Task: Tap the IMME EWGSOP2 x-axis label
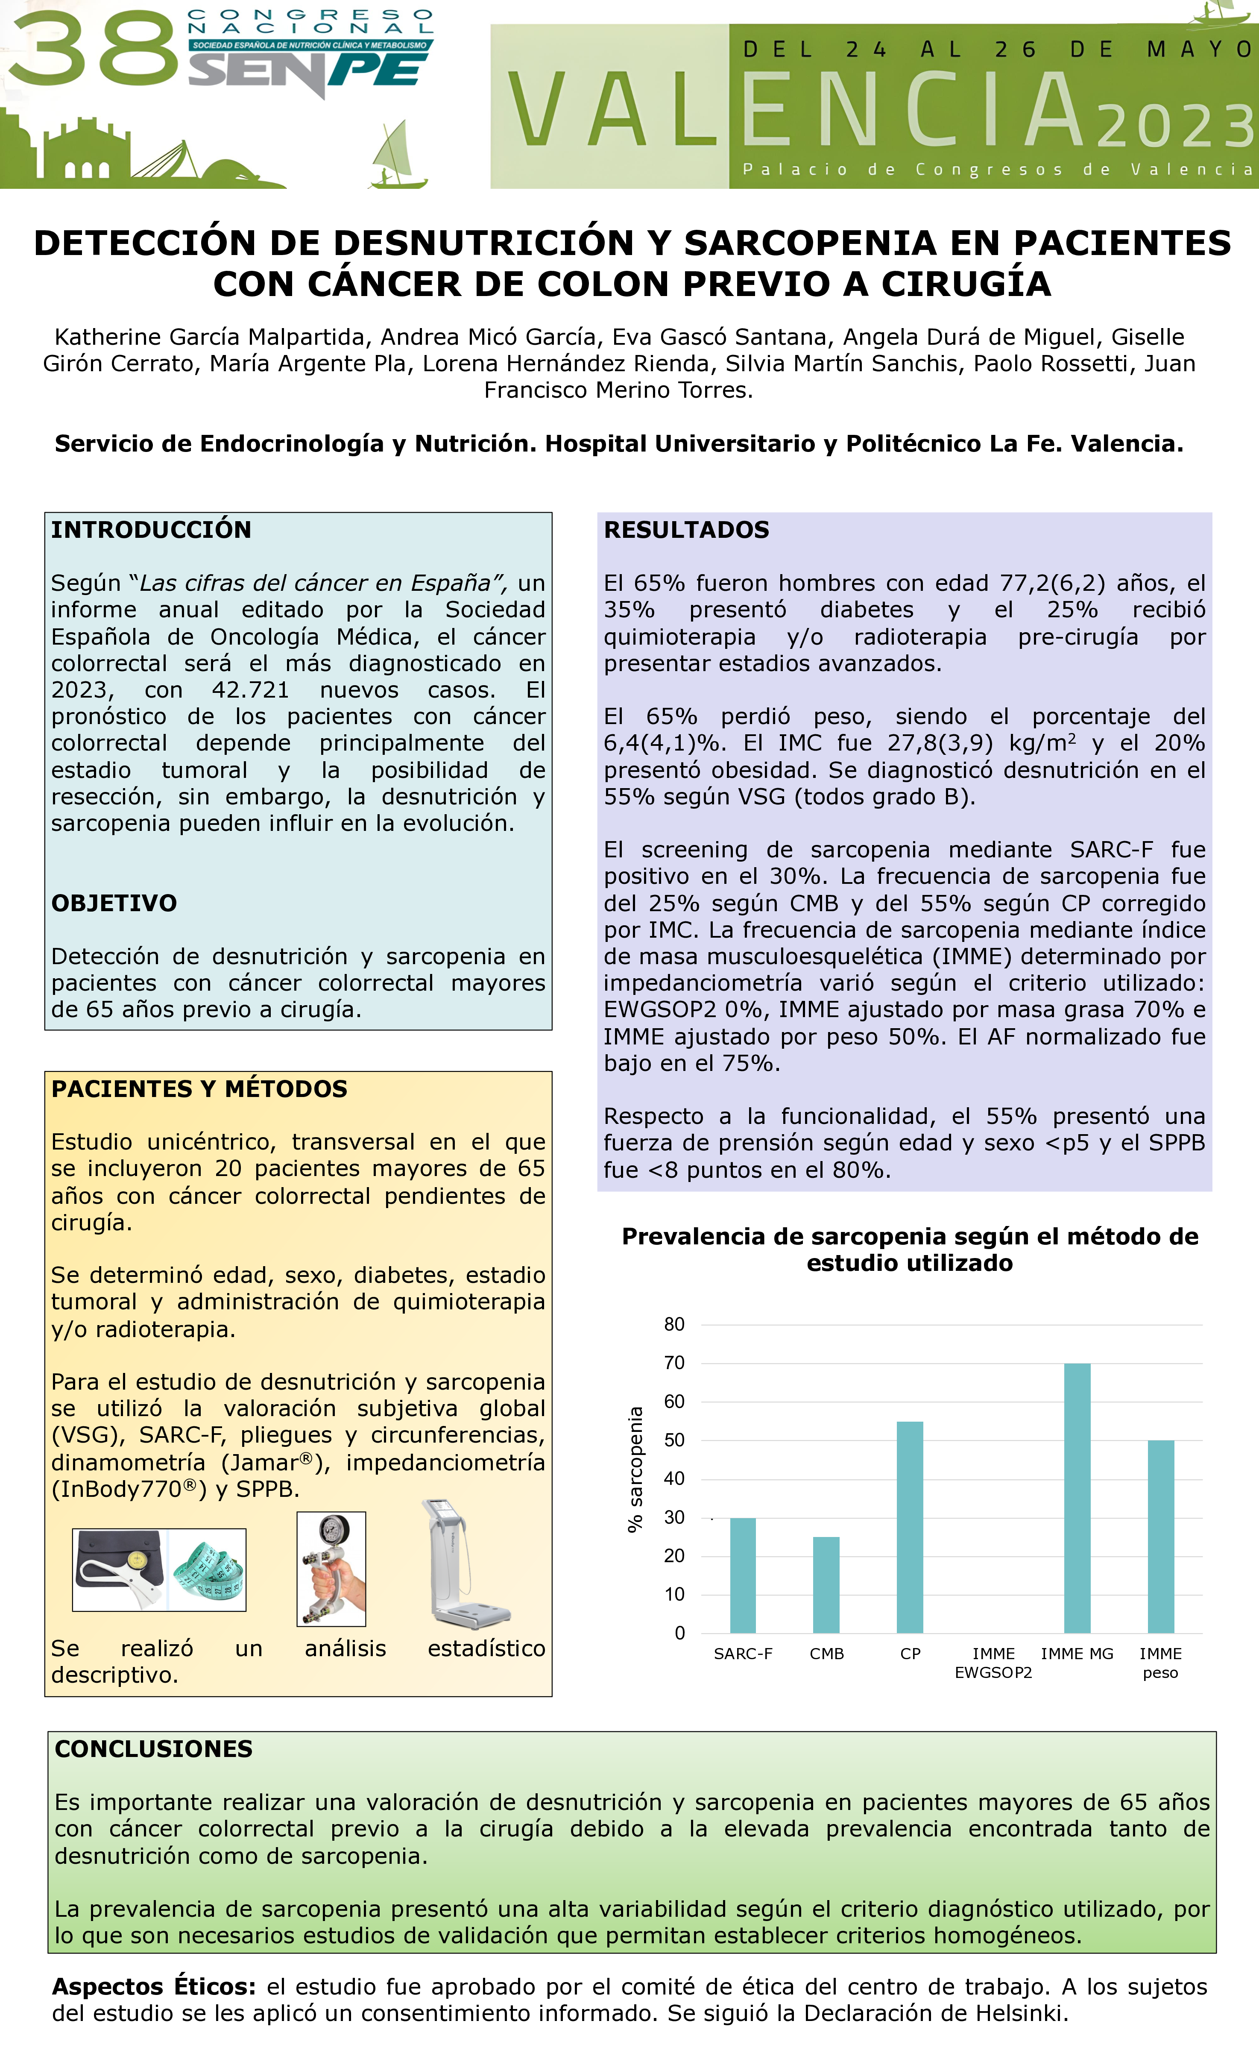tap(993, 1663)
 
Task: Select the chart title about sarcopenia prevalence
tap(910, 1249)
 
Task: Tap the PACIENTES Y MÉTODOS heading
tap(199, 1089)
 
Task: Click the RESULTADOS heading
tap(686, 530)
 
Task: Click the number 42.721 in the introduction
tap(251, 690)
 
